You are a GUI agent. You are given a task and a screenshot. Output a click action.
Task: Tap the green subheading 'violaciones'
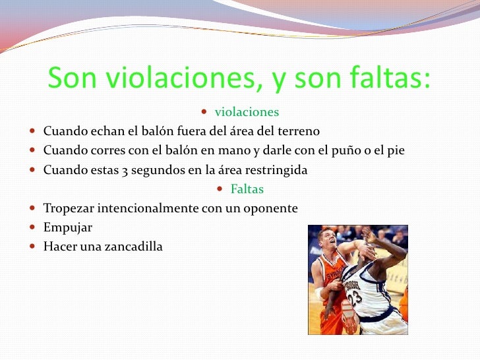coord(247,112)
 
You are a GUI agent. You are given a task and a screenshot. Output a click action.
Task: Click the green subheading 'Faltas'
coord(247,189)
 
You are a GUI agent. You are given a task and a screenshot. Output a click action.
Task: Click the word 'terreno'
coord(296,131)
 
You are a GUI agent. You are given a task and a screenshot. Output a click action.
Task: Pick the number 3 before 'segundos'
coord(125,170)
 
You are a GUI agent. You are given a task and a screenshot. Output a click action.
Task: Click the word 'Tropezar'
coord(69,208)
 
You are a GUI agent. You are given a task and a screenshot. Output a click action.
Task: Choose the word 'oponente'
coord(271,208)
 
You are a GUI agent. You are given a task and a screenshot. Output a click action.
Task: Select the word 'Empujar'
coord(67,227)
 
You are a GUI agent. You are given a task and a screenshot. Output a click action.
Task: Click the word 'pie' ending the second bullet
coord(396,150)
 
